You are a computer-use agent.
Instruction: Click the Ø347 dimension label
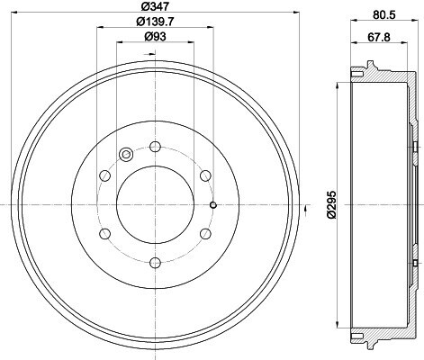(x=155, y=6)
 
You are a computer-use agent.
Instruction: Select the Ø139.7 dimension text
(x=155, y=22)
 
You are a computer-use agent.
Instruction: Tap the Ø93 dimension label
(x=155, y=37)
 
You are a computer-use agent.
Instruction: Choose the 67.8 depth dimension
(x=379, y=37)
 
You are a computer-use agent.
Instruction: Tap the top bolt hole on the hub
(x=155, y=147)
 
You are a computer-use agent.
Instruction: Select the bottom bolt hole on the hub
(x=155, y=263)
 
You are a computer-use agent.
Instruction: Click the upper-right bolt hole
(x=205, y=175)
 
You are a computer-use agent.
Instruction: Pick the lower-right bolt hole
(x=205, y=234)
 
